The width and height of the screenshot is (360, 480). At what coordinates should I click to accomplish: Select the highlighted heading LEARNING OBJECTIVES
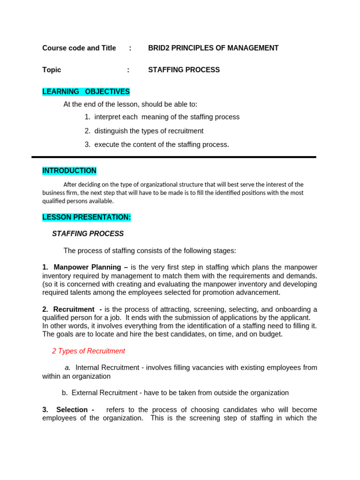pyautogui.click(x=86, y=91)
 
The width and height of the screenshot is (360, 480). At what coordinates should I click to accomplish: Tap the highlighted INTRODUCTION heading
pyautogui.click(x=69, y=171)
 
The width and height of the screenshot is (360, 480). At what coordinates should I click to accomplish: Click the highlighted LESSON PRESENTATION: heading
pyautogui.click(x=87, y=217)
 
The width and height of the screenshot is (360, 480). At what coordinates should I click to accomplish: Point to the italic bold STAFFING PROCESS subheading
pyautogui.click(x=88, y=233)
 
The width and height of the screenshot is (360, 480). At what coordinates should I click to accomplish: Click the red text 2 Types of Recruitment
pyautogui.click(x=88, y=351)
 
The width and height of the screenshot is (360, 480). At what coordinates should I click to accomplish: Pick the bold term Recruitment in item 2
pyautogui.click(x=74, y=309)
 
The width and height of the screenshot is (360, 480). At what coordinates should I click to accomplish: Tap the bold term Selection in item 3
pyautogui.click(x=72, y=410)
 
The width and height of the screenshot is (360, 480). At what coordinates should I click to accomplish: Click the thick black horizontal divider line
pyautogui.click(x=173, y=157)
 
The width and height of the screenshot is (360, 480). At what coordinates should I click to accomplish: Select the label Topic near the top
pyautogui.click(x=52, y=70)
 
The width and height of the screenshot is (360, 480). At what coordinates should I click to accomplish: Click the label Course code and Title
pyautogui.click(x=79, y=48)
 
